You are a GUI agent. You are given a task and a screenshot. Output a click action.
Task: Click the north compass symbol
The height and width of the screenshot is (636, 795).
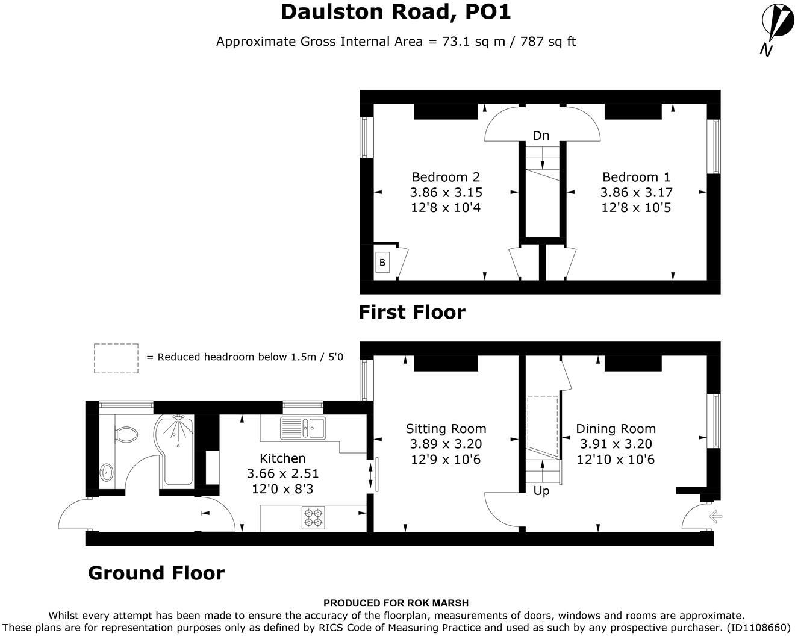776,29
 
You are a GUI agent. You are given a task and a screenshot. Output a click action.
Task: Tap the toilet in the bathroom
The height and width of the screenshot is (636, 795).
126,434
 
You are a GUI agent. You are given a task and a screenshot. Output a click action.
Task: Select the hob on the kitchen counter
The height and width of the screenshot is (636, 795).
313,517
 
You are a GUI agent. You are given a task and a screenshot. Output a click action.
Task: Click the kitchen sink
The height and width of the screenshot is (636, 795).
303,428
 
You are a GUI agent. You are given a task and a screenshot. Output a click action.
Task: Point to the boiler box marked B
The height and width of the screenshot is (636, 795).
382,262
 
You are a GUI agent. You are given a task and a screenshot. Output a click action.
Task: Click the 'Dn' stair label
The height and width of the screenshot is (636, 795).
541,136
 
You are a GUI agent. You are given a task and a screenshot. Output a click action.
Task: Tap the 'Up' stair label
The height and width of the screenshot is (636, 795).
541,491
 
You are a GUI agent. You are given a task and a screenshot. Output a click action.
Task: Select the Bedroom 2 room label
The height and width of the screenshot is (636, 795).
446,177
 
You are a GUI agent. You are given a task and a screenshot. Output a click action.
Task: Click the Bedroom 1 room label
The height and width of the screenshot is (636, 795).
636,177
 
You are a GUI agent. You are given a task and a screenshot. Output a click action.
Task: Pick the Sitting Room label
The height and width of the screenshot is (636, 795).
446,429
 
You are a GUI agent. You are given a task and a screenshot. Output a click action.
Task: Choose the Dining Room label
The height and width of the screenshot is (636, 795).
616,429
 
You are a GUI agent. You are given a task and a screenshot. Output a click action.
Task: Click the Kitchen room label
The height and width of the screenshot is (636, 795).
282,458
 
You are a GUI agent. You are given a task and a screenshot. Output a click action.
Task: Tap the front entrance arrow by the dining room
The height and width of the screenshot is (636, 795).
715,516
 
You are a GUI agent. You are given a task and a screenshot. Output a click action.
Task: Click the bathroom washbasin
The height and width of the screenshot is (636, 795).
107,472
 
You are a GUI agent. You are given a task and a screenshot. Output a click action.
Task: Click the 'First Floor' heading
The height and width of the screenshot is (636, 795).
412,312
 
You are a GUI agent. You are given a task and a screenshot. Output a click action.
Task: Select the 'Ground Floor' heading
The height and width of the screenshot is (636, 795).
156,573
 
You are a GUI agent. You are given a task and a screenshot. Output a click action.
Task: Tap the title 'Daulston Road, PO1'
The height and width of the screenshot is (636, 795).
396,12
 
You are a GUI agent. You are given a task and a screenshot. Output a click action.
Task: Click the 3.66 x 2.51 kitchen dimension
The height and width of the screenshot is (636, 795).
282,473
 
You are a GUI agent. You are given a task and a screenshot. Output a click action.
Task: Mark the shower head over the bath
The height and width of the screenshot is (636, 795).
179,417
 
